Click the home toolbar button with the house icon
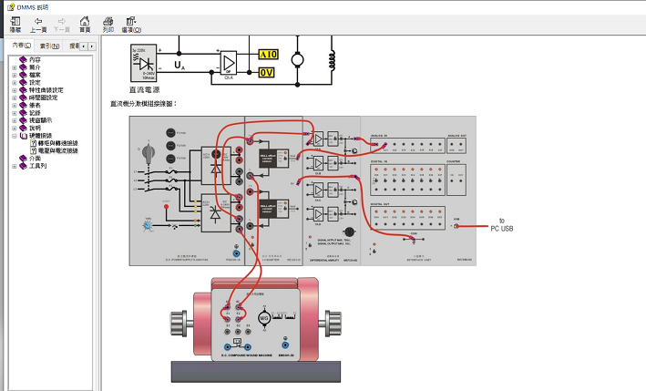coord(84,24)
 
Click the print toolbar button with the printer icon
coord(108,24)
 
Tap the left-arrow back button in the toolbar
coord(38,24)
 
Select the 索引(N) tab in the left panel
coord(50,45)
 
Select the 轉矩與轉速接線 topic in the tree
coord(57,143)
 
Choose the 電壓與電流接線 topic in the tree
coord(57,151)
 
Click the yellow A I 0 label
coord(268,56)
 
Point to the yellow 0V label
coord(267,73)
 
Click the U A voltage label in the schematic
coord(179,66)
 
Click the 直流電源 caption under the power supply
coord(144,89)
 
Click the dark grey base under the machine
coord(254,372)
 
